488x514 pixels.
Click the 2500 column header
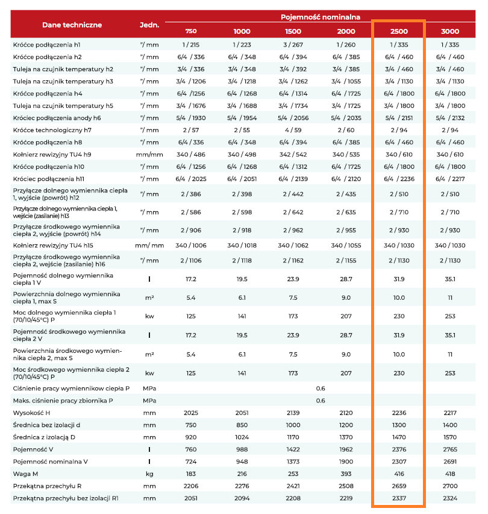pyautogui.click(x=399, y=31)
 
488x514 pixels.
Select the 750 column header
pyautogui.click(x=191, y=31)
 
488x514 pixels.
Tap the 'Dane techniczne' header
pyautogui.click(x=72, y=25)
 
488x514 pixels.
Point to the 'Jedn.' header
pyautogui.click(x=149, y=25)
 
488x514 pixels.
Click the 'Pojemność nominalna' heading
pyautogui.click(x=321, y=17)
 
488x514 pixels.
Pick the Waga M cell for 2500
pyautogui.click(x=399, y=474)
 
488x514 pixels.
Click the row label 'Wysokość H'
pyautogui.click(x=31, y=413)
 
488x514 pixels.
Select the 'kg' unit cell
pyautogui.click(x=149, y=474)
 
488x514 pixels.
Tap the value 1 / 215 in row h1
pyautogui.click(x=191, y=45)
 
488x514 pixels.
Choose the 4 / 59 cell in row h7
pyautogui.click(x=293, y=130)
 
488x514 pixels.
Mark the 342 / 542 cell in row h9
pyautogui.click(x=293, y=154)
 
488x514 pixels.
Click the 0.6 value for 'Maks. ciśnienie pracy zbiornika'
pyautogui.click(x=321, y=401)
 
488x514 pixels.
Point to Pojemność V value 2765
pyautogui.click(x=450, y=449)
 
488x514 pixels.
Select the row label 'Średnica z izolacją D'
pyautogui.click(x=44, y=437)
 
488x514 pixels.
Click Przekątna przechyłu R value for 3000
pyautogui.click(x=450, y=486)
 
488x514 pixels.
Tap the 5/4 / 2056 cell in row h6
pyautogui.click(x=293, y=118)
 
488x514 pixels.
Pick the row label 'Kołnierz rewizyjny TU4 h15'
pyautogui.click(x=53, y=245)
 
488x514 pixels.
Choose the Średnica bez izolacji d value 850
pyautogui.click(x=242, y=425)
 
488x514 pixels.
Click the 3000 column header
pyautogui.click(x=450, y=31)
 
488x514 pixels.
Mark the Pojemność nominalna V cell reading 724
pyautogui.click(x=191, y=462)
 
